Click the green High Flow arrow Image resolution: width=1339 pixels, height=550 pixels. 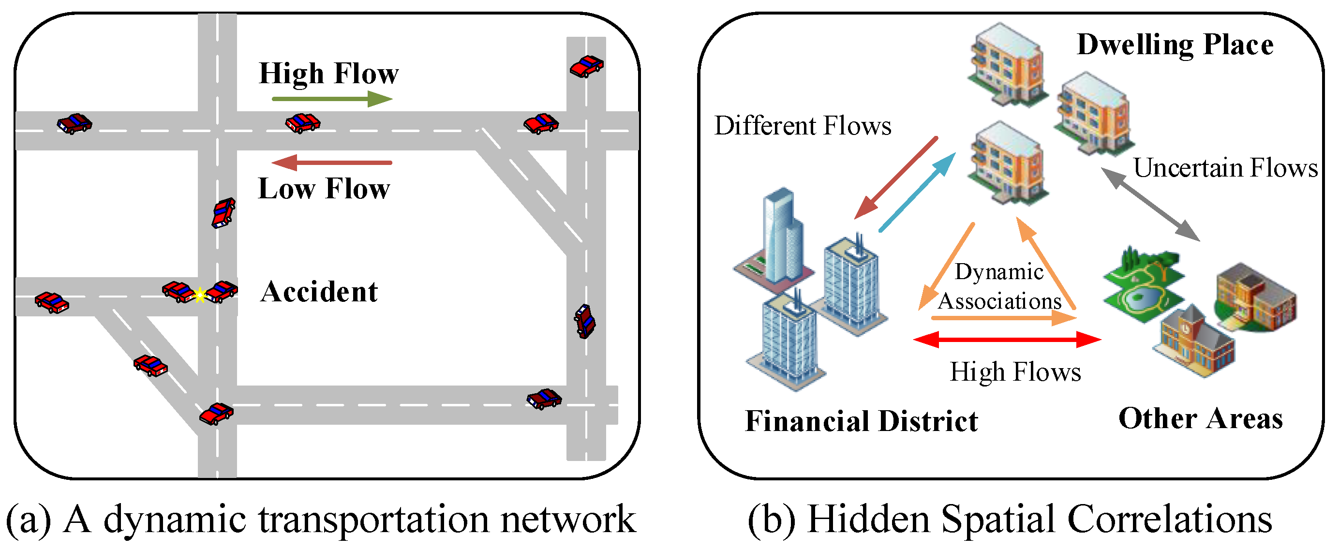[x=332, y=99]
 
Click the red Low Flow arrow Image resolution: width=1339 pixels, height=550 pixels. [x=332, y=163]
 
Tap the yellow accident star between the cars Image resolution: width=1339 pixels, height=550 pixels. [x=200, y=295]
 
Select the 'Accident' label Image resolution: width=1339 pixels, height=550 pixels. [x=319, y=292]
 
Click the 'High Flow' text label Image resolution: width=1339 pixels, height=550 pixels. [x=329, y=74]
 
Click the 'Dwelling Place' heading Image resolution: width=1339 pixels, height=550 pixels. [x=1175, y=45]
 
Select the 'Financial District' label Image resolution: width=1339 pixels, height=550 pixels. [x=862, y=420]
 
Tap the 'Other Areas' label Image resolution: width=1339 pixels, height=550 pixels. [x=1201, y=418]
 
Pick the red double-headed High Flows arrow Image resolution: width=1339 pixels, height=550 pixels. [x=1007, y=340]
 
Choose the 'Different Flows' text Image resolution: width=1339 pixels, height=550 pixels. [x=803, y=126]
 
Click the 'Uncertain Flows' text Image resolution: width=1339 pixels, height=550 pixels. [x=1226, y=168]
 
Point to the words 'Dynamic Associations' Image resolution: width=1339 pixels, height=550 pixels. [x=999, y=286]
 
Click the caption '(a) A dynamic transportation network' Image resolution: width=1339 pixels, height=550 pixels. [x=321, y=520]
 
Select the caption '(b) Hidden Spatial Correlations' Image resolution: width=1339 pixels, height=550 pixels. [x=1010, y=520]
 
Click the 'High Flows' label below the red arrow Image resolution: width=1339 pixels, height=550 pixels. [x=1016, y=372]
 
